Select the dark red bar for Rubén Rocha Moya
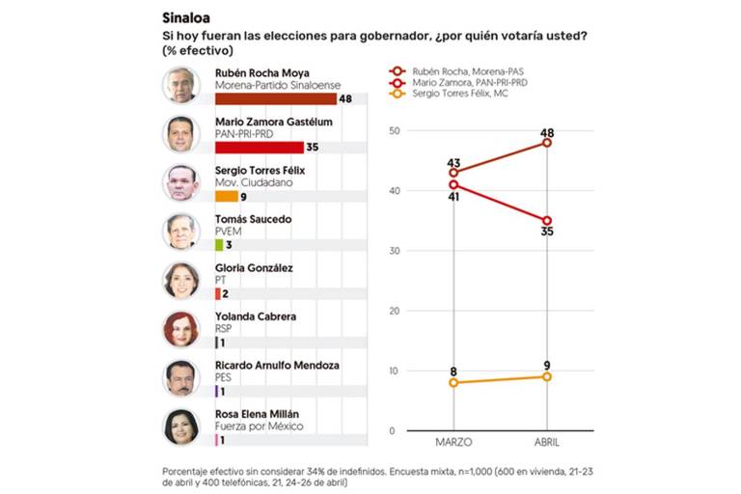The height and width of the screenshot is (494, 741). (x=275, y=98)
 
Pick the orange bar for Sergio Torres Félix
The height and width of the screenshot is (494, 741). (x=226, y=196)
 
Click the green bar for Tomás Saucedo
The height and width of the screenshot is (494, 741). (x=219, y=245)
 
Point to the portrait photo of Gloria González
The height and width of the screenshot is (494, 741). (x=181, y=280)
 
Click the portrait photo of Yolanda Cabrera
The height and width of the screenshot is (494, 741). (x=181, y=329)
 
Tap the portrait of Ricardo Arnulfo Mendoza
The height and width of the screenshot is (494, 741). (x=181, y=378)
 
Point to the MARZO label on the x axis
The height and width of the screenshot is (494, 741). (x=453, y=441)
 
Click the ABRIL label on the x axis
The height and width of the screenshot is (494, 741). (x=547, y=441)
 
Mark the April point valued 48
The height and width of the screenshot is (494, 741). (x=547, y=143)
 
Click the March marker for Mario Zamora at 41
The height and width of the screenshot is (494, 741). (x=453, y=184)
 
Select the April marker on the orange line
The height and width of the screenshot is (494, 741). (x=547, y=376)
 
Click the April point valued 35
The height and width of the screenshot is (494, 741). (x=547, y=220)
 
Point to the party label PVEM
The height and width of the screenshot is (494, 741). (x=228, y=231)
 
